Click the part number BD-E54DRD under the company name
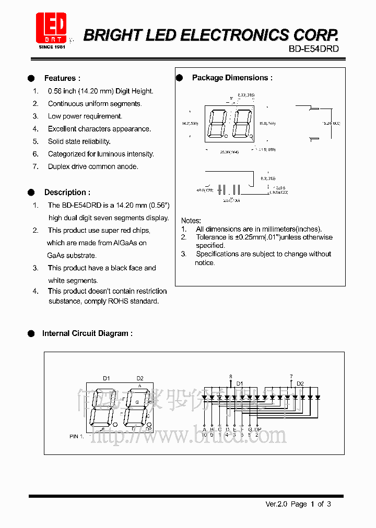[314, 49]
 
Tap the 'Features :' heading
[62, 78]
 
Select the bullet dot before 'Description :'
[31, 192]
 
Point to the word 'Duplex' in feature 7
[60, 166]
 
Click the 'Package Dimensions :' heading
[232, 78]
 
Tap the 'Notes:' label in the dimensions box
[191, 221]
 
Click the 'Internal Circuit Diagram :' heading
[87, 333]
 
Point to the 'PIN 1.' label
[76, 436]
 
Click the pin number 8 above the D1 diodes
[230, 376]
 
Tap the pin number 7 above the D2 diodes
[291, 376]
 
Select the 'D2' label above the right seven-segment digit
[139, 378]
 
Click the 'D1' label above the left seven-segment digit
[106, 378]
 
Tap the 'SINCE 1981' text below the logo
[52, 47]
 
